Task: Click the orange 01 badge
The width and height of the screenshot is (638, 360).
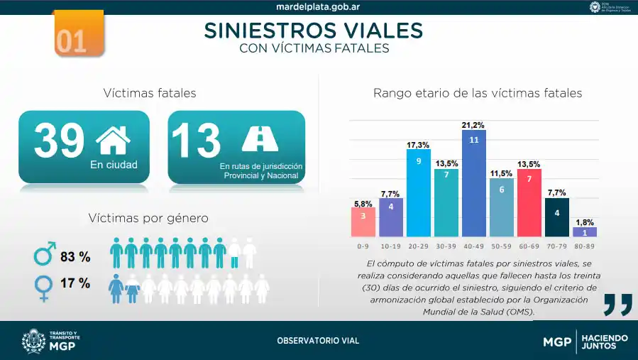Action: pos(78,34)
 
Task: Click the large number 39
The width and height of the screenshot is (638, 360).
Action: pos(59,141)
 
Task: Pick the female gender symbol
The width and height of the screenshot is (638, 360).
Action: pos(43,287)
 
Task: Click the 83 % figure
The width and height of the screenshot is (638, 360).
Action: pos(75,256)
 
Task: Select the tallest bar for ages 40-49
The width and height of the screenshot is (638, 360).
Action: pos(473,183)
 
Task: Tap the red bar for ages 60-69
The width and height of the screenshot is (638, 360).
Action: pos(529,202)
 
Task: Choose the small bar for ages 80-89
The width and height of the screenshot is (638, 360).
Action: pos(584,231)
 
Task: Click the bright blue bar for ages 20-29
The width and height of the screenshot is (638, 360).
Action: pos(418,192)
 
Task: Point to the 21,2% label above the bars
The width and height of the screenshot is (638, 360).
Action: pos(473,125)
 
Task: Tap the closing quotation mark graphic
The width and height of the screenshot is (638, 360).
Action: pos(617,303)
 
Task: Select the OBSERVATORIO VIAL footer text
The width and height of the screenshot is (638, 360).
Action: pos(318,341)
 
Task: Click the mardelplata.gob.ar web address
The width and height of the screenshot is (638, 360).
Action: pos(318,7)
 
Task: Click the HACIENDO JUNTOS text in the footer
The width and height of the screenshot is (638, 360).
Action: pos(604,342)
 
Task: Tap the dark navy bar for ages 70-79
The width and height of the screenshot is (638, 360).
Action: pos(556,217)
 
